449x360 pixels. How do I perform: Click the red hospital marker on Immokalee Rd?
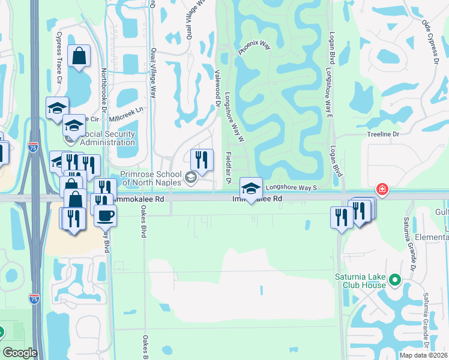[382, 190]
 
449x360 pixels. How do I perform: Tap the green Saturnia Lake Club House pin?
[395, 280]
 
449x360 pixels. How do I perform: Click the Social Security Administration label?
[107, 138]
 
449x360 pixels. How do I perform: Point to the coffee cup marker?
[105, 215]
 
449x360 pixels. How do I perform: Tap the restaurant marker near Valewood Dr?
[202, 160]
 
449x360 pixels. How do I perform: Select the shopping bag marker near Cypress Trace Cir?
[79, 56]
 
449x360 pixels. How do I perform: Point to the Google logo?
[20, 353]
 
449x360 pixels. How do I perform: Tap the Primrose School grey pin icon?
[191, 176]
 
